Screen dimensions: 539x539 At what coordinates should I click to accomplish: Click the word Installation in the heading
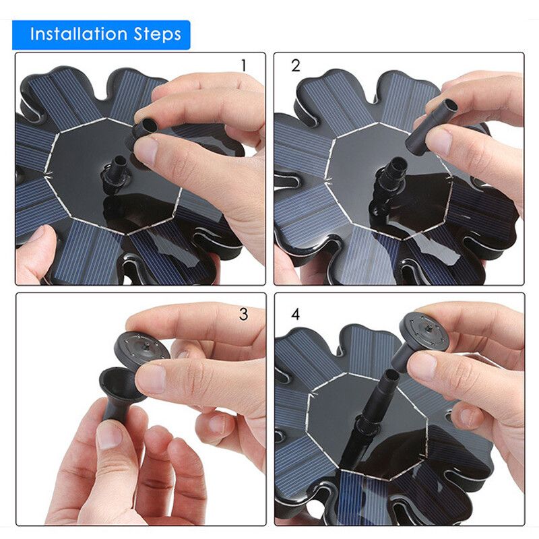coord(79,34)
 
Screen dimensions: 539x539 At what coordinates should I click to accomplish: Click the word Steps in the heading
coord(157,35)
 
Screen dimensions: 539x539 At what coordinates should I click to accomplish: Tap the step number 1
coord(244,65)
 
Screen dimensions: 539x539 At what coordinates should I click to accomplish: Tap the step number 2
coord(296,65)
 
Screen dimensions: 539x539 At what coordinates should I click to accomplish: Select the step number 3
coord(243,314)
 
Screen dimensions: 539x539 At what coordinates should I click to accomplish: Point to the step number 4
coord(296,314)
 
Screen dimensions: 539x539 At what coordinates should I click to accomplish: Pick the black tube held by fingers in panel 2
coord(431,125)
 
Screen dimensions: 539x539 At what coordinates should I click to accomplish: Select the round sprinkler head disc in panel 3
coord(141,350)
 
